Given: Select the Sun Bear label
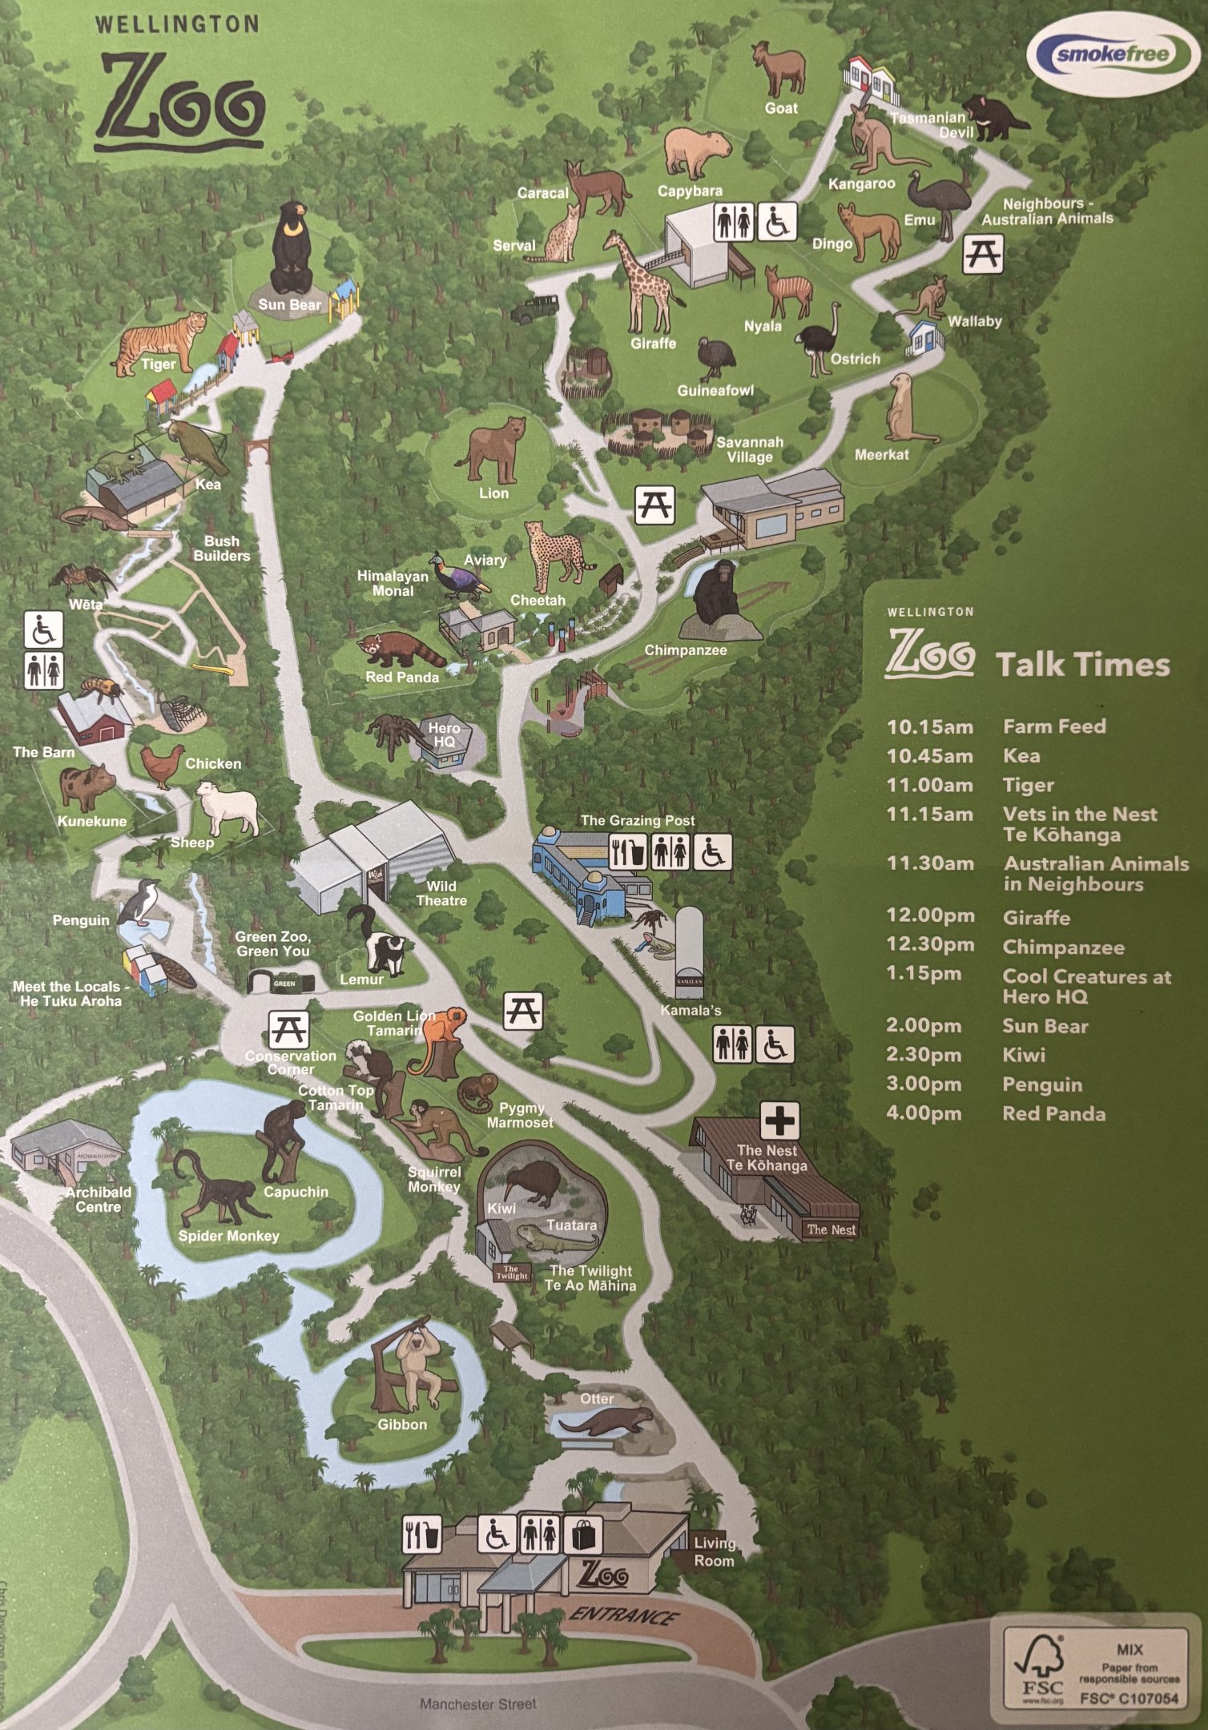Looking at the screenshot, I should [x=289, y=305].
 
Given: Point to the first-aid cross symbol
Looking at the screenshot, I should [x=779, y=1119].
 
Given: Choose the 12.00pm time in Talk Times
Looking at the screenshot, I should [x=930, y=916].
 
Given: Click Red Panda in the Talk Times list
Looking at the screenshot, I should [x=1053, y=1114].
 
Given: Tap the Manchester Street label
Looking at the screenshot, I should [x=478, y=1704].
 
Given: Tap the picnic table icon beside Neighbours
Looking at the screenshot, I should [x=982, y=254].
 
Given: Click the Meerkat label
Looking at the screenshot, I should [x=881, y=455].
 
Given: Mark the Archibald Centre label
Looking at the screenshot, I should [x=99, y=1200].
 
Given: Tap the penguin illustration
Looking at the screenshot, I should [x=140, y=903].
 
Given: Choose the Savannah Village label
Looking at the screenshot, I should [x=750, y=449].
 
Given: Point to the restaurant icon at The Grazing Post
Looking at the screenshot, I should [x=628, y=852].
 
